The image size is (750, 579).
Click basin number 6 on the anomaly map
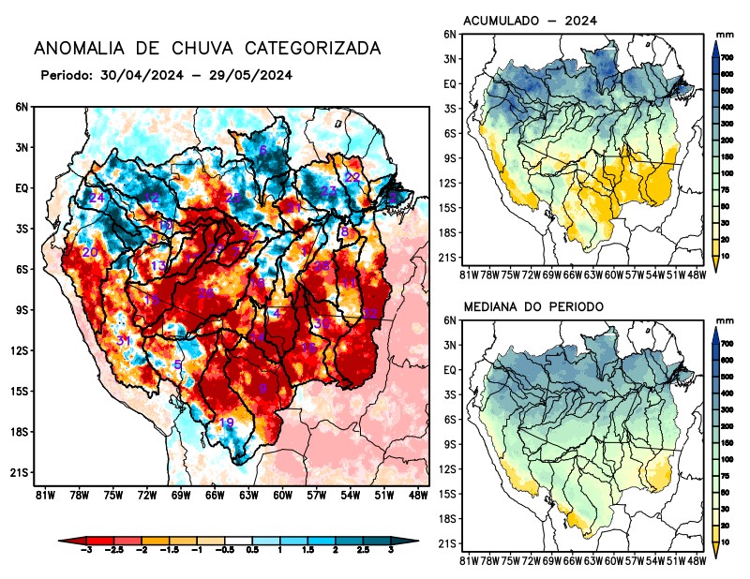pyautogui.click(x=263, y=150)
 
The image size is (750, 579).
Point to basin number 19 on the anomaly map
pyautogui.click(x=226, y=423)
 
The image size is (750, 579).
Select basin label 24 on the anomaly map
pyautogui.click(x=97, y=198)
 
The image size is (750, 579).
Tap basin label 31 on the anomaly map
pyautogui.click(x=123, y=340)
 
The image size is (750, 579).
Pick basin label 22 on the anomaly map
pyautogui.click(x=352, y=177)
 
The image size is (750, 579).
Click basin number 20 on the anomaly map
pyautogui.click(x=90, y=252)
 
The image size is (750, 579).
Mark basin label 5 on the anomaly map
pyautogui.click(x=178, y=364)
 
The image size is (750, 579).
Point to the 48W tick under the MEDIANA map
pyautogui.click(x=696, y=560)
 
